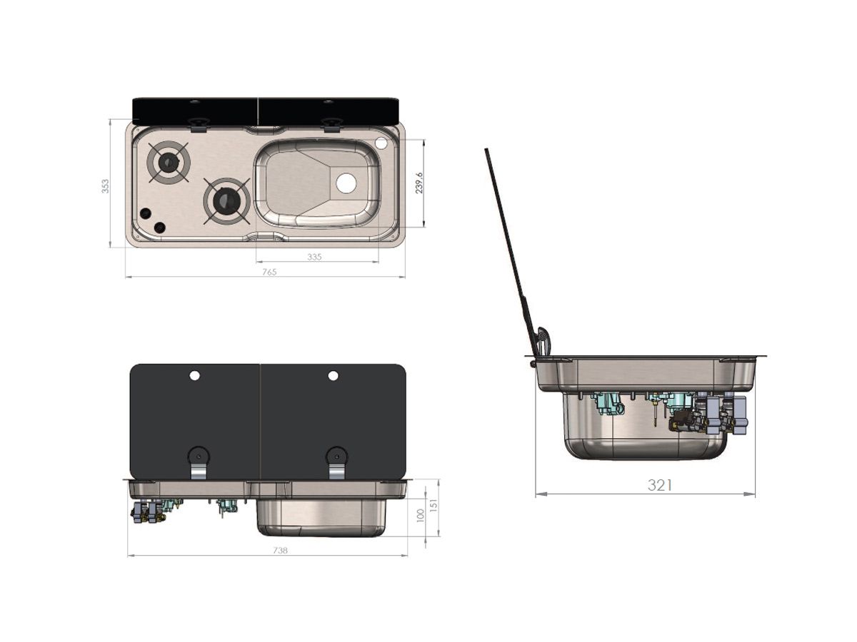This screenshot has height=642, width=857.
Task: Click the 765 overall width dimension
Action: pos(269,272)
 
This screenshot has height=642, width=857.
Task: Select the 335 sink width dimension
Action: pos(314,257)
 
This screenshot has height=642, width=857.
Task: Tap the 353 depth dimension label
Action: pos(105,186)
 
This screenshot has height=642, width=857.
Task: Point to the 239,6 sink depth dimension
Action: pos(419,183)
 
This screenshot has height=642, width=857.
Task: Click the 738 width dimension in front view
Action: pos(281,551)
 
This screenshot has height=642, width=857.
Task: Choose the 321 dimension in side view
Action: pos(660,485)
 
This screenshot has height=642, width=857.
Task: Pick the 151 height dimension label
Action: pos(433,505)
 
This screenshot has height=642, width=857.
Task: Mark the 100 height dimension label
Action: pos(421,516)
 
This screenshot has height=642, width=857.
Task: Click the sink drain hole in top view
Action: pos(346,183)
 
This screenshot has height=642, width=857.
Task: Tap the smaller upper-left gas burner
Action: pos(169,161)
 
